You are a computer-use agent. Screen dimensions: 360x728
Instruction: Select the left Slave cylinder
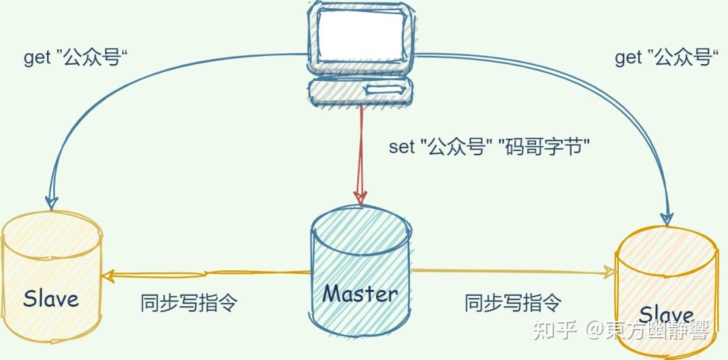click(x=51, y=276)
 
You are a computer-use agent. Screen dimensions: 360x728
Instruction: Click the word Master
click(x=360, y=293)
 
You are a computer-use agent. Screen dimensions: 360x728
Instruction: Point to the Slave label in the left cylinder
click(x=51, y=299)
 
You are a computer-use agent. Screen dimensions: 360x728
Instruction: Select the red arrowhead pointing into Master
click(x=361, y=196)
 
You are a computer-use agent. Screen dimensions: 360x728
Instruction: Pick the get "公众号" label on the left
click(x=76, y=58)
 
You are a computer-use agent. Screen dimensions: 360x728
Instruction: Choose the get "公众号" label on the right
click(x=664, y=58)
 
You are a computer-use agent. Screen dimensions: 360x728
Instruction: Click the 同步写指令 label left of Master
click(x=189, y=303)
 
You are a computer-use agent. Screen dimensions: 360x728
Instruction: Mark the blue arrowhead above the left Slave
click(x=51, y=202)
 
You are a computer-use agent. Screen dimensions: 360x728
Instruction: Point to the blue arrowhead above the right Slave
click(x=667, y=217)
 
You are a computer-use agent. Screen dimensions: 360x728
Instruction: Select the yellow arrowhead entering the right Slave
click(x=609, y=272)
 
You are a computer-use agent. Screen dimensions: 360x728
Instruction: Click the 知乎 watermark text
click(x=555, y=330)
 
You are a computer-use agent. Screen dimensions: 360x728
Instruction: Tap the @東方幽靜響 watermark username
click(x=646, y=330)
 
